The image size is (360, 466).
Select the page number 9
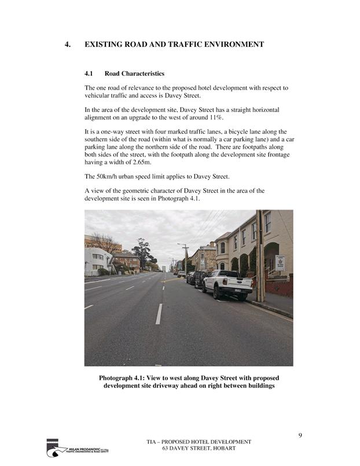[x=300, y=435]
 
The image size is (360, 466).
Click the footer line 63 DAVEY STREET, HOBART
[x=199, y=449]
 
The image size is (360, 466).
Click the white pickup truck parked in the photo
[x=227, y=284]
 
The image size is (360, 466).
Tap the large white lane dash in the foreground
[x=159, y=314]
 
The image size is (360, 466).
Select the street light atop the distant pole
[x=179, y=244]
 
